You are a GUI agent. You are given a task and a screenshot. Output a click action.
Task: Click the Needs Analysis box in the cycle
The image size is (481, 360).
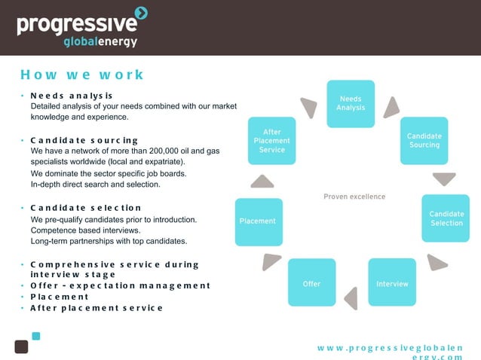pyautogui.click(x=351, y=103)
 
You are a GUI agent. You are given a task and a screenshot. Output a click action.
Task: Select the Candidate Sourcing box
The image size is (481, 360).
pyautogui.click(x=424, y=140)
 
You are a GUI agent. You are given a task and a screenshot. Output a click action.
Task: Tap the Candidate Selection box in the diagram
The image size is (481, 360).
pyautogui.click(x=446, y=218)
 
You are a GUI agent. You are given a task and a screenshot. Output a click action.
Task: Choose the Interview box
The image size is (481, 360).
pyautogui.click(x=392, y=282)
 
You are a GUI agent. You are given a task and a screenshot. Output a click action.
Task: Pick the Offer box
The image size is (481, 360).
pyautogui.click(x=311, y=282)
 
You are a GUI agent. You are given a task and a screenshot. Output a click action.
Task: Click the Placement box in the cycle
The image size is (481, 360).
pyautogui.click(x=259, y=221)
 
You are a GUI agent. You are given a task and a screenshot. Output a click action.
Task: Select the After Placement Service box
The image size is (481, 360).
pyautogui.click(x=272, y=141)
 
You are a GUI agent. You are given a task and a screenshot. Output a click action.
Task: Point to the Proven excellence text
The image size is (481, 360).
pyautogui.click(x=354, y=197)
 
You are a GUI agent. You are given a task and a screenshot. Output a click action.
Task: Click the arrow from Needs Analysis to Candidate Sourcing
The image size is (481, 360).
pyautogui.click(x=391, y=108)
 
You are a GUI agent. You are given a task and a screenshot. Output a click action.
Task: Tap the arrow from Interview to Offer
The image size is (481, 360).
pyautogui.click(x=351, y=297)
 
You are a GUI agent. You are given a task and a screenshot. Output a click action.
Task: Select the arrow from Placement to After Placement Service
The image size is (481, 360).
pyautogui.click(x=262, y=181)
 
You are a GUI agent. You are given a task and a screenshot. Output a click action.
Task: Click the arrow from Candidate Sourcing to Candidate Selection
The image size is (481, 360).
pyautogui.click(x=444, y=178)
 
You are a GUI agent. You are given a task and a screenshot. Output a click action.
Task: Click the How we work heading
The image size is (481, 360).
pyautogui.click(x=82, y=75)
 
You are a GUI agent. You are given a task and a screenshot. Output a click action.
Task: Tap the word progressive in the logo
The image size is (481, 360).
pyautogui.click(x=75, y=25)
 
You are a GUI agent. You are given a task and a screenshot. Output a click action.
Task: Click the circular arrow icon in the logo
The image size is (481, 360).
pyautogui.click(x=140, y=13)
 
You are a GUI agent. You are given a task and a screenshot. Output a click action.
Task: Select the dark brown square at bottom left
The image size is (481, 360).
pyautogui.click(x=21, y=346)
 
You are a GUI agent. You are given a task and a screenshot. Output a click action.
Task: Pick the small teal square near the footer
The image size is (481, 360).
pyautogui.click(x=35, y=336)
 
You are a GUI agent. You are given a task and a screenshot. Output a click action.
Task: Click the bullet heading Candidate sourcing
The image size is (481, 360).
pyautogui.click(x=84, y=140)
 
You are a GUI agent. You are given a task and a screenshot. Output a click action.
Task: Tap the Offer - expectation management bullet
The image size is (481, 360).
pyautogui.click(x=121, y=285)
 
